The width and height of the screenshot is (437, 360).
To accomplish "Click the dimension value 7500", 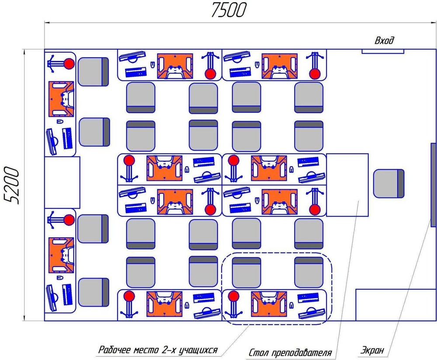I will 229,10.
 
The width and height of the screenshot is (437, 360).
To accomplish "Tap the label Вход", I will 385,41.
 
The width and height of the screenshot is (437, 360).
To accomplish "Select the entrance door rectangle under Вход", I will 382,51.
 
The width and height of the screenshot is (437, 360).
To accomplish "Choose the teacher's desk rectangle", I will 348,185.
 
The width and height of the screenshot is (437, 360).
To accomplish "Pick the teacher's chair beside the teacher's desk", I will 388,183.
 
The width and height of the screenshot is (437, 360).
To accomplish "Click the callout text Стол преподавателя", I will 291,352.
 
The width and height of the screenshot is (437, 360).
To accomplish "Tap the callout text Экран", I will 372,350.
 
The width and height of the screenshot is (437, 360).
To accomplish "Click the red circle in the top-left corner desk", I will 69,64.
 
